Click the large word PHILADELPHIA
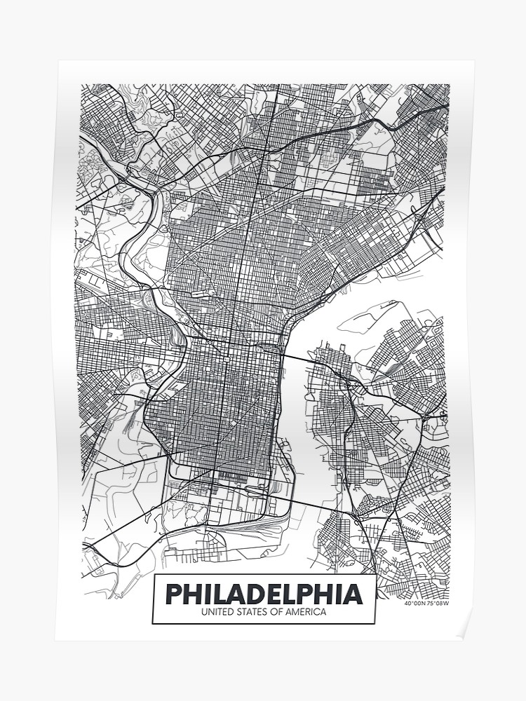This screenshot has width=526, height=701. coord(264,594)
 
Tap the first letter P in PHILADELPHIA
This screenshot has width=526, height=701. coord(174,594)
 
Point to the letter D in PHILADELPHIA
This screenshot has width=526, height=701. coord(261,594)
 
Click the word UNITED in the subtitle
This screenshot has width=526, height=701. coord(217,613)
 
